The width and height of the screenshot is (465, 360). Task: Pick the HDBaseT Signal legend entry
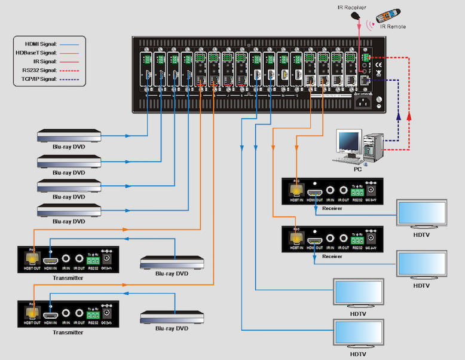point(39,53)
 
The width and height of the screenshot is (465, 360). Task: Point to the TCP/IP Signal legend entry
point(39,78)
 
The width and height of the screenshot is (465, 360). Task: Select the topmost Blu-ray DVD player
point(68,136)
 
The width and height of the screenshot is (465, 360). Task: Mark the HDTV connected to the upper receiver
point(422,212)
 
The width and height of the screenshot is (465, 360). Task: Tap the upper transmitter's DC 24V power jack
point(108,259)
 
